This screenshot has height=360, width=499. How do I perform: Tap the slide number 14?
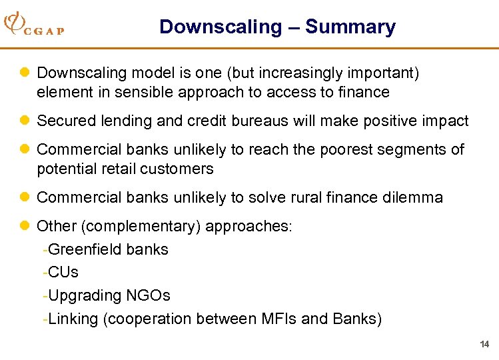click(x=484, y=344)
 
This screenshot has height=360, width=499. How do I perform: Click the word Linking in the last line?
click(x=73, y=319)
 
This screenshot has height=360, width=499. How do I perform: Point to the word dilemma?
click(x=412, y=197)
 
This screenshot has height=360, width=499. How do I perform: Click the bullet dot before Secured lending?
click(x=27, y=121)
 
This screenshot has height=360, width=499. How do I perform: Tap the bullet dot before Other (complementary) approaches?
click(x=27, y=226)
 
